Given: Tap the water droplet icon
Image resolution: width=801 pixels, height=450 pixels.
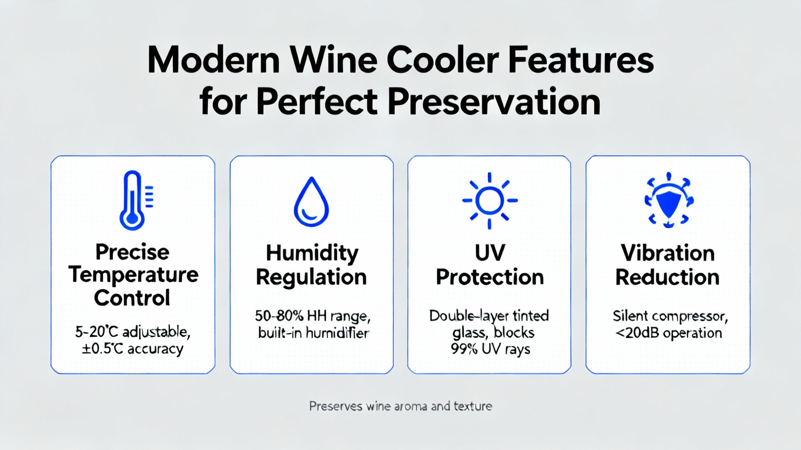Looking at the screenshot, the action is tap(311, 202).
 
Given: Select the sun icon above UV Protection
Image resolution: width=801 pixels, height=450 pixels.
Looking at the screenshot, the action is tap(490, 200).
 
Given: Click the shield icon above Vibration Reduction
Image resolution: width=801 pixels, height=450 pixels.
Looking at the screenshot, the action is tap(669, 200).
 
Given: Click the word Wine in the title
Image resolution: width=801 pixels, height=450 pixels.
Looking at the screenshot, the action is tap(333, 60).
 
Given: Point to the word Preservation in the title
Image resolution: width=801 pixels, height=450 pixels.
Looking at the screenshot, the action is tap(494, 102).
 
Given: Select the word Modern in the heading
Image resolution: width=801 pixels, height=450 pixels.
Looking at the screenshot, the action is tap(213, 60).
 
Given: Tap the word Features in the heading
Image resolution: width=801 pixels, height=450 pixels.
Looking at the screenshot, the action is tap(581, 60).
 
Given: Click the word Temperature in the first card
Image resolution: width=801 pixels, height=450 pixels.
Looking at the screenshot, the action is tap(133, 275).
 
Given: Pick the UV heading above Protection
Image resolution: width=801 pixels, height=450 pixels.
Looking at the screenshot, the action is tap(490, 253).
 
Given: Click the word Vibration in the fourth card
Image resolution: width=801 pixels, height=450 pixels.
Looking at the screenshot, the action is tap(668, 253).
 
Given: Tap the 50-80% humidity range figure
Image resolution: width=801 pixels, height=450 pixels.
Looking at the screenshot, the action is tap(279, 316).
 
